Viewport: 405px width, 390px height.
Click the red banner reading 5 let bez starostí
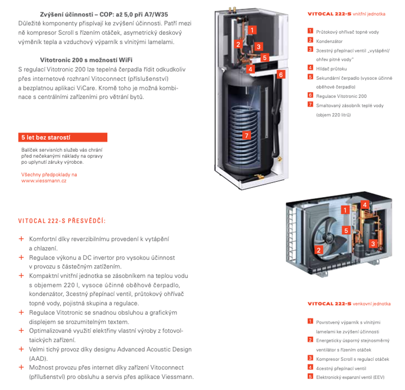pyautogui.click(x=62, y=138)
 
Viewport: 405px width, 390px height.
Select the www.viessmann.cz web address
pyautogui.click(x=44, y=181)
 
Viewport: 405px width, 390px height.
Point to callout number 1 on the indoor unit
pyautogui.click(x=252, y=30)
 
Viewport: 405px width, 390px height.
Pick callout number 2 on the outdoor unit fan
pyautogui.click(x=318, y=250)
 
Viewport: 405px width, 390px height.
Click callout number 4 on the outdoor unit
pyautogui.click(x=365, y=205)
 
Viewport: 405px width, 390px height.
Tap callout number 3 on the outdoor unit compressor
pyautogui.click(x=373, y=243)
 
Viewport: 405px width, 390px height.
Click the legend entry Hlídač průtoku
pyautogui.click(x=331, y=69)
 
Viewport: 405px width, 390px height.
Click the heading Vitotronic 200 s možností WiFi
pyautogui.click(x=86, y=60)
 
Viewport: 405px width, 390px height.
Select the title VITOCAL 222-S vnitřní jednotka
pyautogui.click(x=346, y=14)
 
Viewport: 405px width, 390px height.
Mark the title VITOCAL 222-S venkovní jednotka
pyautogui.click(x=349, y=304)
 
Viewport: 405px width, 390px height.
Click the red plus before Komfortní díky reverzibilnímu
pyautogui.click(x=21, y=239)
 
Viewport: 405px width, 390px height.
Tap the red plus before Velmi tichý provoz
pyautogui.click(x=21, y=349)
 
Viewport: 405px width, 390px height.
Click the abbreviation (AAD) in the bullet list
pyautogui.click(x=38, y=358)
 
